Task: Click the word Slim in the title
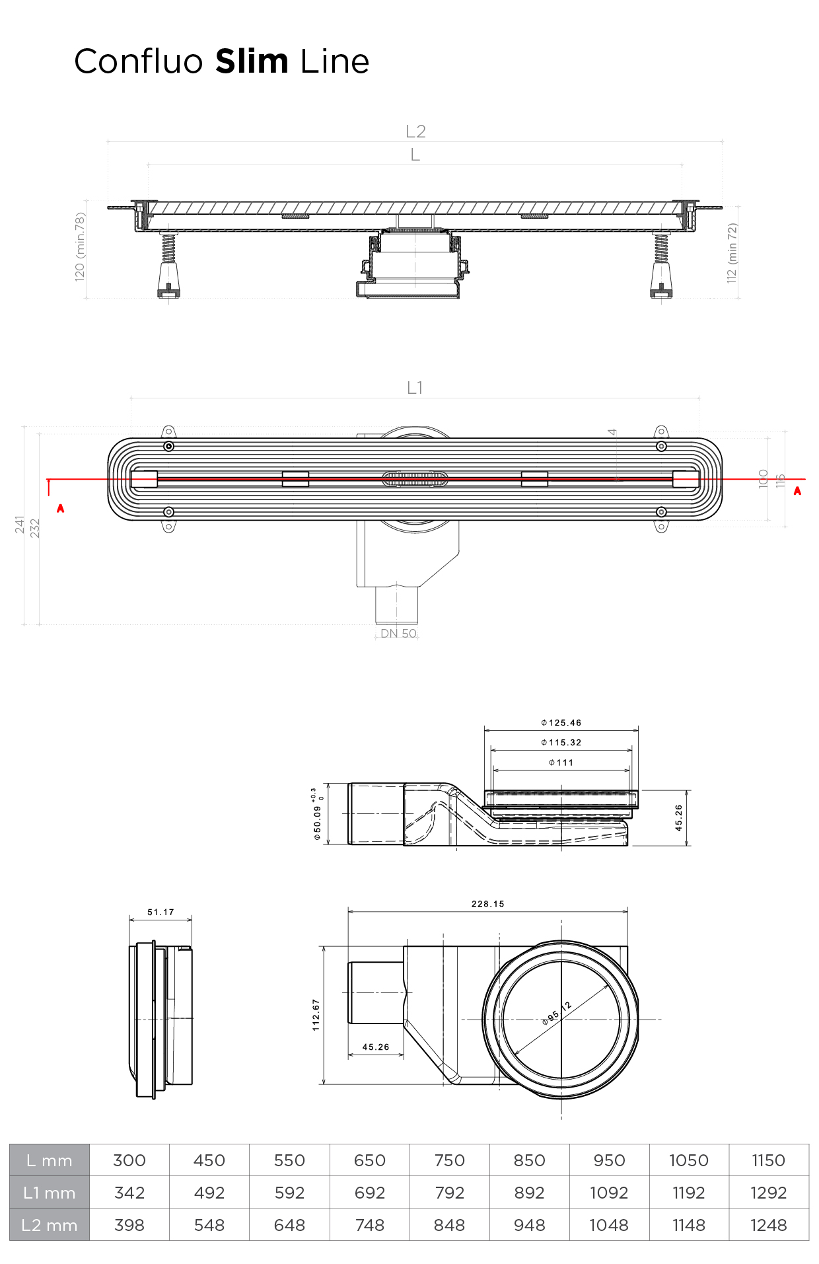[252, 61]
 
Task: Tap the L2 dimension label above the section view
[415, 131]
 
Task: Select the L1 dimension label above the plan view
[415, 388]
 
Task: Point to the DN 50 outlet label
[398, 633]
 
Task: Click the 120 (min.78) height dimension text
[80, 246]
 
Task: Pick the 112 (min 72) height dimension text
[732, 253]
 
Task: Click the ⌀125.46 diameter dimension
[561, 723]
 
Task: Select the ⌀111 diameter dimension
[561, 762]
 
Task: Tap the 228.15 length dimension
[488, 904]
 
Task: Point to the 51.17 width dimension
[160, 912]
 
